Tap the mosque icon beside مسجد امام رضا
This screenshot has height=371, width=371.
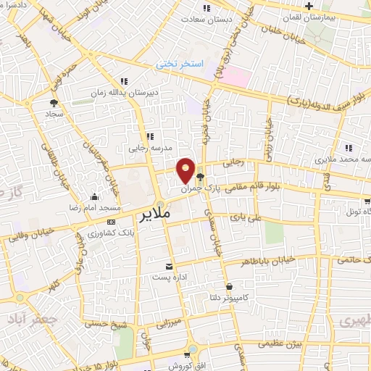[x=95, y=196]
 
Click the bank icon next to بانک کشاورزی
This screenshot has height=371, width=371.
[x=112, y=222]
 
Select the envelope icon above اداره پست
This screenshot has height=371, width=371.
[x=170, y=267]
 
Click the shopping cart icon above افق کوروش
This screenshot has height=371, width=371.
[x=187, y=354]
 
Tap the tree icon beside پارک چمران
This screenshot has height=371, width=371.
[x=201, y=176]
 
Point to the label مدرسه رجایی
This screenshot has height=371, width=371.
[x=151, y=146]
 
